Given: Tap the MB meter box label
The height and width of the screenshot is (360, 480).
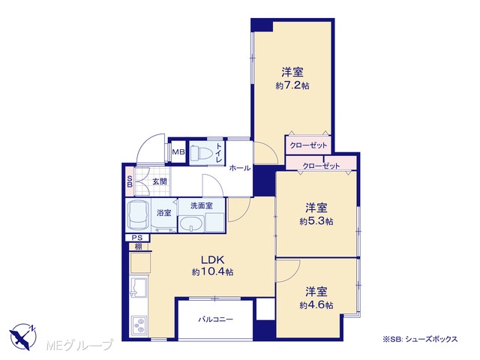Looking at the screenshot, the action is (x=178, y=151).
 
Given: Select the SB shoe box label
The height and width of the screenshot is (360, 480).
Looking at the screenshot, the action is (x=130, y=181).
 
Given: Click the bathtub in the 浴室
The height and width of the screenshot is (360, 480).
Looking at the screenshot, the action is (x=138, y=215).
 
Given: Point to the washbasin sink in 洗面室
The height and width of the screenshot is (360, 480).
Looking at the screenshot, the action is (x=191, y=224).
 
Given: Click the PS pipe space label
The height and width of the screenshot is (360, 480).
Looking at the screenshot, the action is (x=136, y=238).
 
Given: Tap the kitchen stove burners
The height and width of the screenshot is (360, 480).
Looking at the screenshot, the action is (x=139, y=325).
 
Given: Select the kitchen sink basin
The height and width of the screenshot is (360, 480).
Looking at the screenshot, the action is (x=139, y=287).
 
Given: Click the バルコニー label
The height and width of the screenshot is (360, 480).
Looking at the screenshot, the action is (x=216, y=319).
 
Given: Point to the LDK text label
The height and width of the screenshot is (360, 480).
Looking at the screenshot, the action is (x=212, y=260).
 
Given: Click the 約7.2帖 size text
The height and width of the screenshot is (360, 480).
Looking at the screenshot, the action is (x=292, y=86).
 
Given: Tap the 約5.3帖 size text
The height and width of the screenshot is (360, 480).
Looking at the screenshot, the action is (x=316, y=221).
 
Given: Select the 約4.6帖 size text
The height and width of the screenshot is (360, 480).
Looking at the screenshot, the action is (x=316, y=305).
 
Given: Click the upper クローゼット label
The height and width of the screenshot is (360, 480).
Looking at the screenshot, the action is (x=308, y=145).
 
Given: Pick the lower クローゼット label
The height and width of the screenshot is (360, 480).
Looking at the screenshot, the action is (x=321, y=166).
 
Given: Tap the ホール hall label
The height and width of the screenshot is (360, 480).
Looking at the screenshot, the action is (x=240, y=168).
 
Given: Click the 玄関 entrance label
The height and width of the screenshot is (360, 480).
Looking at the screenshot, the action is (x=160, y=181).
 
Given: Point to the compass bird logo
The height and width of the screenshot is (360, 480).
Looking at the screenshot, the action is (x=23, y=336).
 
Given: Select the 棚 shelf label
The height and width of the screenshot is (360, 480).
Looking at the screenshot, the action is (x=138, y=247).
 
